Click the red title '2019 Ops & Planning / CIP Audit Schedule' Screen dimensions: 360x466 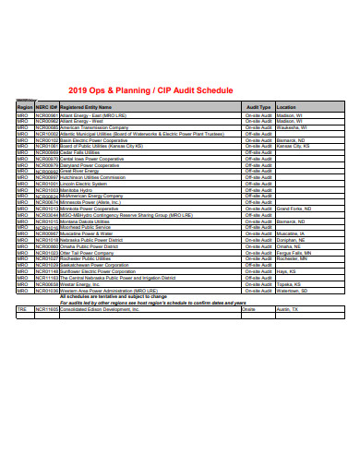coord(152,90)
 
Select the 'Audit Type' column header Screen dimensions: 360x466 coord(258,107)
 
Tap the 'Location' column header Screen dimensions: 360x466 coord(286,107)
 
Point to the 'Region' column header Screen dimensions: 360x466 coord(24,107)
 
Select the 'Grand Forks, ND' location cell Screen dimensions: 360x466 coord(294,209)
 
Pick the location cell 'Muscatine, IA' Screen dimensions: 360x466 coord(292,234)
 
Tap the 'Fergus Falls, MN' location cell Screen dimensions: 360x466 coord(294,253)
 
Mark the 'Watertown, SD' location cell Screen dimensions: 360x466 coord(294,291)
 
